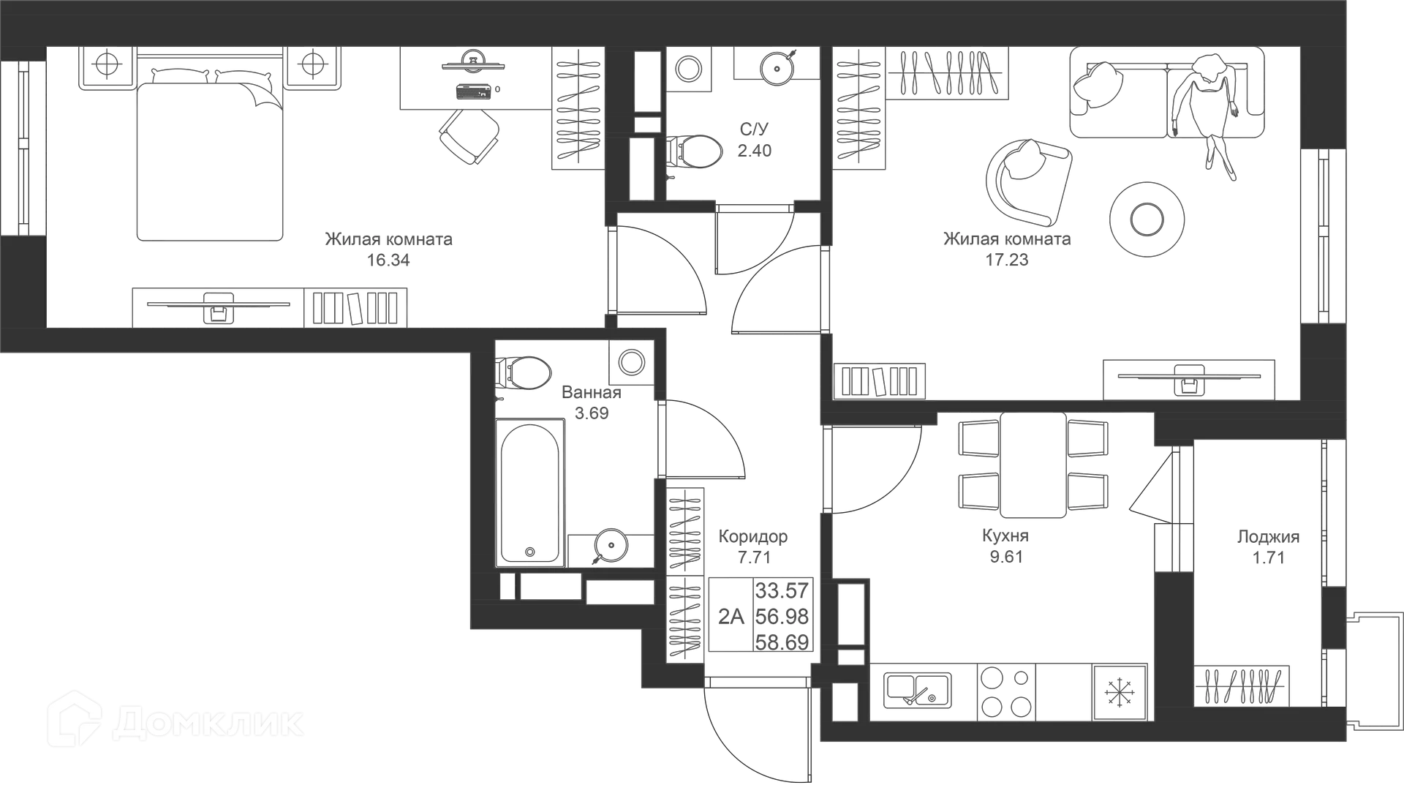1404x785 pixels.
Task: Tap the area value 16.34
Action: pos(388,260)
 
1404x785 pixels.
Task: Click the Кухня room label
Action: pos(1005,536)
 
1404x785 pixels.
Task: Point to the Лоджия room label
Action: pos(1269,536)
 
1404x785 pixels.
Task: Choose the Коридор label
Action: pos(753,536)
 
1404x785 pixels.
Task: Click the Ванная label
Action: pos(592,393)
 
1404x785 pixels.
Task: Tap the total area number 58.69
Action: pos(782,642)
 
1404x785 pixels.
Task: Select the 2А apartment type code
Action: pos(731,616)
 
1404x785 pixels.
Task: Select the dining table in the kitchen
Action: pos(1033,464)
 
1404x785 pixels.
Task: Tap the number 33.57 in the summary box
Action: pos(782,590)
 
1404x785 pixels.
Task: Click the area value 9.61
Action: pos(1006,557)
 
